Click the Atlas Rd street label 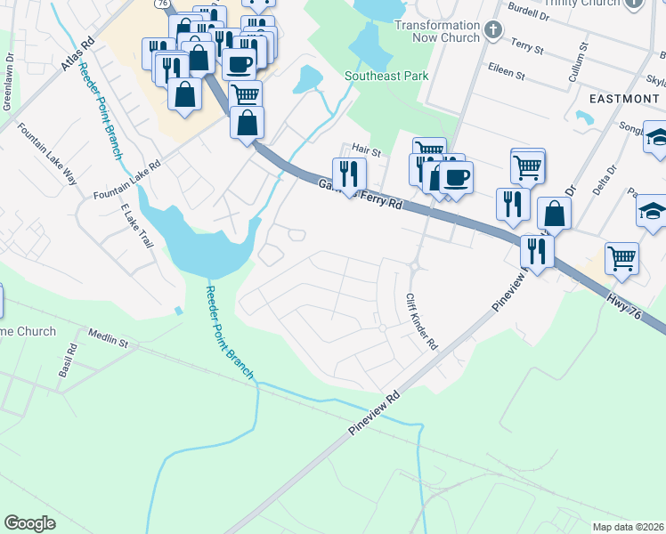(x=78, y=54)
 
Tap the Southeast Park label (x=386, y=76)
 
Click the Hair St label (x=366, y=151)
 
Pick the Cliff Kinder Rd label (x=422, y=321)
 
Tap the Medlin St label (x=109, y=337)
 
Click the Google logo (x=30, y=523)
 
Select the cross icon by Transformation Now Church (x=494, y=32)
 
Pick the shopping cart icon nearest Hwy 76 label (x=621, y=258)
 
